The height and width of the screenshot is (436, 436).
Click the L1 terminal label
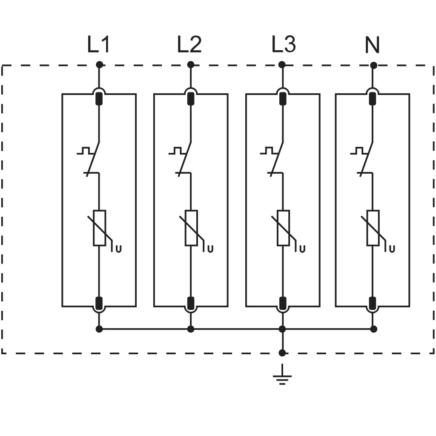[x=99, y=44]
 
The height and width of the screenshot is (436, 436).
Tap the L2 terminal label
[x=189, y=44]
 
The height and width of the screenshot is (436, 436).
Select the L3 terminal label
[x=283, y=44]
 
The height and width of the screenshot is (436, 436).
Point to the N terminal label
[x=372, y=45]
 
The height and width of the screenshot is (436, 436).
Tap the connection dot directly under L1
[x=99, y=65]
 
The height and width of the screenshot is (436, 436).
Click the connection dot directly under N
[x=374, y=65]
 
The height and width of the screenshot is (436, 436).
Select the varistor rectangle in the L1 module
[x=99, y=228]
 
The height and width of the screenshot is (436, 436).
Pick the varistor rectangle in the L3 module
[x=283, y=228]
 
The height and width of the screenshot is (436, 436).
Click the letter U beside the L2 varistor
[x=210, y=249]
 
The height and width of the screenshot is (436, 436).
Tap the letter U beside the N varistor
[x=392, y=249]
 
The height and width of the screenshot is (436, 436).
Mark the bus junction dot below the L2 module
[x=191, y=329]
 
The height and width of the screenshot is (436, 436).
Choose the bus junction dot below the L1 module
[x=99, y=329]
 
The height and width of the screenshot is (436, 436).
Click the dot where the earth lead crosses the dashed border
[x=282, y=353]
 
